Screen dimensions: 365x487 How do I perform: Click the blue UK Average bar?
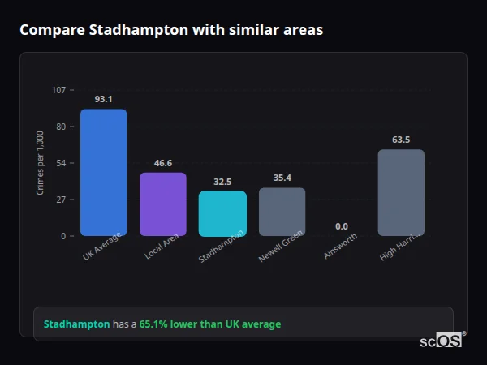(103, 172)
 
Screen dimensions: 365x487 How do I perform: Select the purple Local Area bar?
(162, 204)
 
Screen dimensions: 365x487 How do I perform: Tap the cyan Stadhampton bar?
(222, 213)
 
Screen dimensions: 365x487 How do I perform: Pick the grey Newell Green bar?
(282, 212)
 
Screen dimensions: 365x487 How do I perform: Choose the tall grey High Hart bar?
(401, 192)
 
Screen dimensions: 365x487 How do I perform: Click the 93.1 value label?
(103, 99)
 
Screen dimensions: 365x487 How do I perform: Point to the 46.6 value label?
(162, 163)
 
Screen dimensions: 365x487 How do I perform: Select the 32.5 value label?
(222, 182)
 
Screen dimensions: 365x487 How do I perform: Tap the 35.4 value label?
(282, 178)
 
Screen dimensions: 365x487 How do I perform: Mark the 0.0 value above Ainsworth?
(341, 226)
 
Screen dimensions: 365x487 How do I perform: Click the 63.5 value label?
(401, 140)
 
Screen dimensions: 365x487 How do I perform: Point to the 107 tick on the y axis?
(58, 90)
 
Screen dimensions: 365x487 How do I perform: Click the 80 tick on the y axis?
(61, 127)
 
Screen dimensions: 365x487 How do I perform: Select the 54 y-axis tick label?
(61, 163)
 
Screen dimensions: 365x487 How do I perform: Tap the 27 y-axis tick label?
(61, 200)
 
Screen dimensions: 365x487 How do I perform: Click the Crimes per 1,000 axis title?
(41, 163)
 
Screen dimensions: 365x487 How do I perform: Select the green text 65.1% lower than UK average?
(209, 324)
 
